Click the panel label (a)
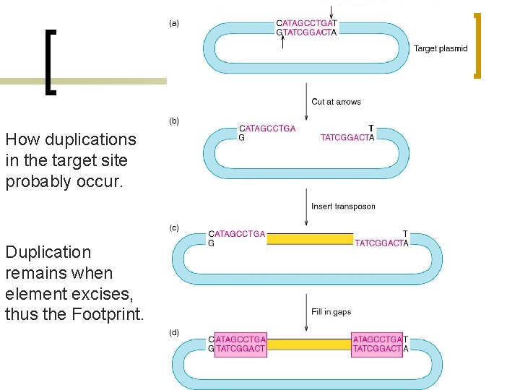point(174,23)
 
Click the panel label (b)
point(174,121)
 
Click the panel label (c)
point(174,227)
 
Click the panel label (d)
point(174,333)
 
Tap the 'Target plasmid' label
point(441,49)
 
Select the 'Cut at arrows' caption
point(336,102)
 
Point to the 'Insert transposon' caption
point(343,207)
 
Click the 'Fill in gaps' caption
point(331,312)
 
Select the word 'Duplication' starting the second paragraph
point(48,252)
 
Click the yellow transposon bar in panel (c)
point(310,238)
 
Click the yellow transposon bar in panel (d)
point(308,344)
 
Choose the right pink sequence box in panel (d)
point(377,344)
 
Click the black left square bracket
point(50,62)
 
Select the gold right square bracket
point(477,45)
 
